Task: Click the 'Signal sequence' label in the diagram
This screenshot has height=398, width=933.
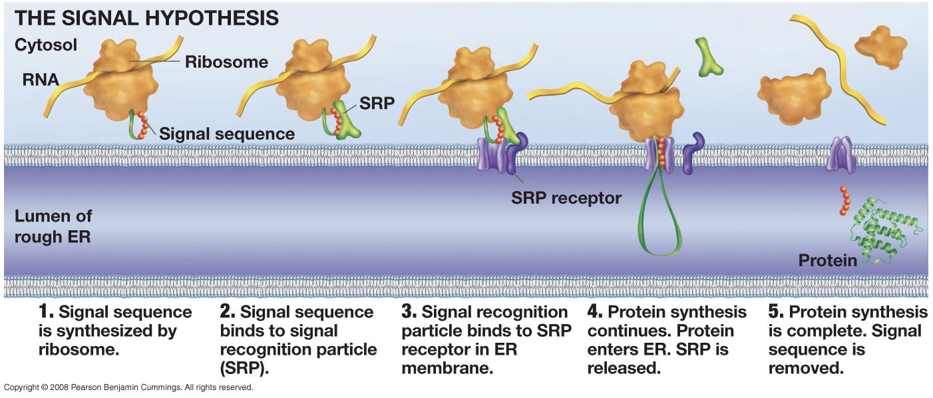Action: tap(226, 134)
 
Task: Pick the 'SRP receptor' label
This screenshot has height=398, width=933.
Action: tap(566, 198)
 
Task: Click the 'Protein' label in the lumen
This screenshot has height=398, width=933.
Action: tap(827, 260)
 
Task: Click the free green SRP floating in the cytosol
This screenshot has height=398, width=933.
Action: tap(709, 57)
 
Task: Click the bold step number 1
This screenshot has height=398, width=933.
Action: tap(45, 312)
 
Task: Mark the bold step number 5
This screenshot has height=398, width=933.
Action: tap(775, 312)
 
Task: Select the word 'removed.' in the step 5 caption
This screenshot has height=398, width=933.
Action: tap(806, 367)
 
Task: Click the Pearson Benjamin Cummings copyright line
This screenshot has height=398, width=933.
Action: tap(128, 387)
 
